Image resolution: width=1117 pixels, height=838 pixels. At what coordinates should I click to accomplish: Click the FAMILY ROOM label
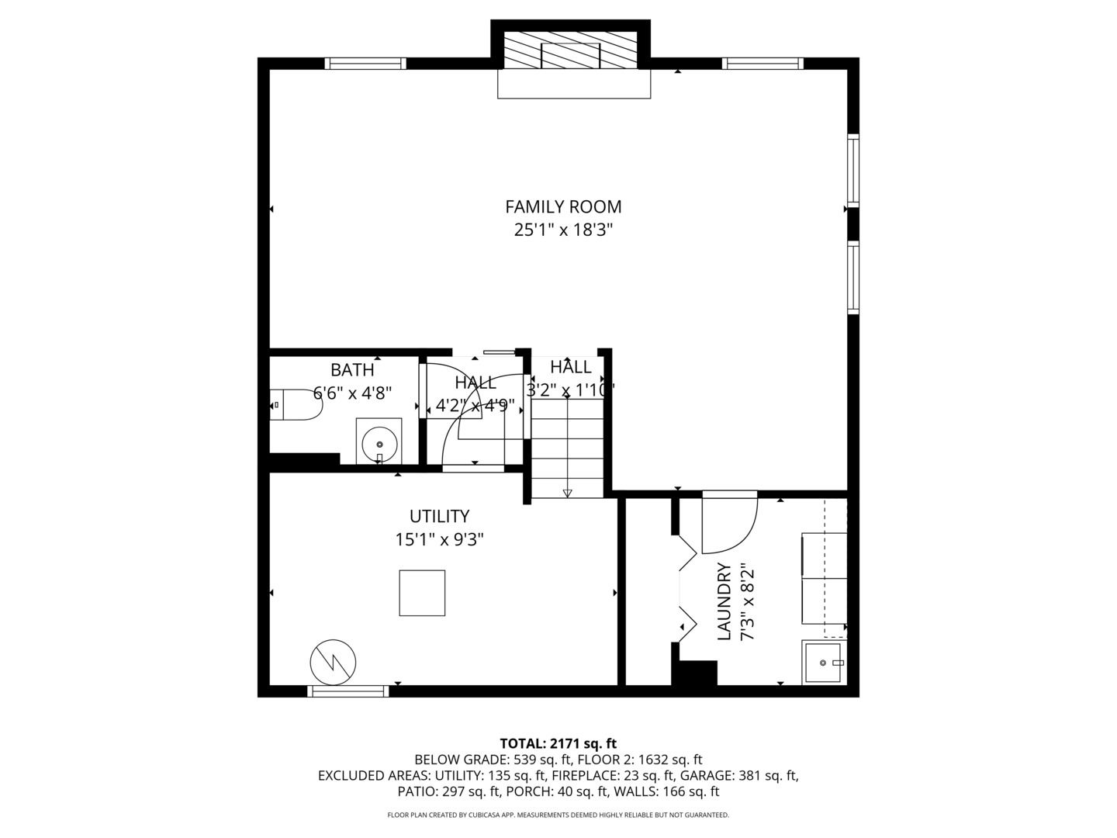563,206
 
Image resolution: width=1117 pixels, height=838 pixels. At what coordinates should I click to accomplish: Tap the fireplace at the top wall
571,52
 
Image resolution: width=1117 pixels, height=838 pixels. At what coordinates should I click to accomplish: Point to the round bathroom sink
379,442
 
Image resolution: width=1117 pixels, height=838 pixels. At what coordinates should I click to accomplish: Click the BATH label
352,370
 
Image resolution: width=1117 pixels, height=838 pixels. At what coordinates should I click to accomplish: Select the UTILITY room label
439,516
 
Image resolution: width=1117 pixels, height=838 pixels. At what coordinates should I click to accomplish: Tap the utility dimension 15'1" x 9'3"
439,539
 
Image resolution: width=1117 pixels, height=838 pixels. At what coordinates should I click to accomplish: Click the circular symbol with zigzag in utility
333,663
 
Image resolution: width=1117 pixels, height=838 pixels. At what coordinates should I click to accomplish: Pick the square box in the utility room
422,593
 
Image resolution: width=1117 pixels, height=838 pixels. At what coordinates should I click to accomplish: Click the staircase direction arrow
567,492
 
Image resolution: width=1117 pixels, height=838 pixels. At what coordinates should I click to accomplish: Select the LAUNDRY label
724,601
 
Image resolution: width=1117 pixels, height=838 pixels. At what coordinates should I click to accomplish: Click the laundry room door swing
728,525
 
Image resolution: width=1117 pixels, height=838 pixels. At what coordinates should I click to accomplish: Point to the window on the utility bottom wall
348,691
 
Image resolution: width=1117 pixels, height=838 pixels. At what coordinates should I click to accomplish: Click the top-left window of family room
365,64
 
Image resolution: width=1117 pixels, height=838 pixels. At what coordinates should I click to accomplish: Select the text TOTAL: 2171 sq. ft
558,743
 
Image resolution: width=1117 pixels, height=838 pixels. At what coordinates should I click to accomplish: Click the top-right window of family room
763,64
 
